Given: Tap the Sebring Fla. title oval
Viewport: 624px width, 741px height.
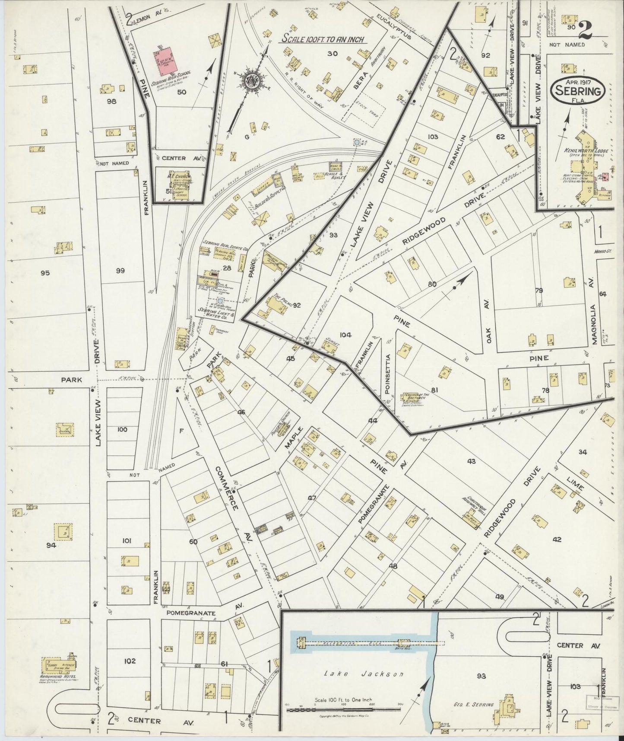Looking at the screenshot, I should (x=578, y=91).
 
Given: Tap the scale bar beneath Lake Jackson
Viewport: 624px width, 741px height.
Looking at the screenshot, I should (x=343, y=709).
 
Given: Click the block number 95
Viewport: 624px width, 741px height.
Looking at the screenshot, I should (x=45, y=273).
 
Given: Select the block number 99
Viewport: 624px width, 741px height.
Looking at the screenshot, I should (x=120, y=271).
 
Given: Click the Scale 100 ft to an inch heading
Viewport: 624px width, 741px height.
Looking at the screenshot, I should (x=323, y=39).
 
